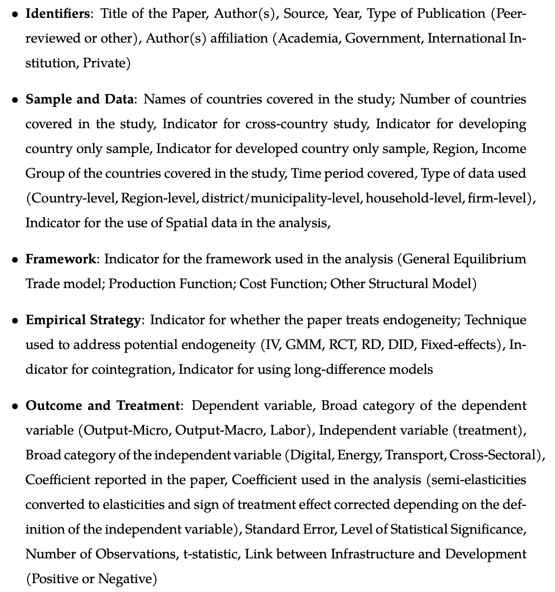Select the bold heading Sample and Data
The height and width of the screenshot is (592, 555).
pos(80,99)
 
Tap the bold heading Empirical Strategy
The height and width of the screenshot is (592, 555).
pos(83,320)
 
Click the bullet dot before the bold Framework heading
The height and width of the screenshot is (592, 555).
pos(15,259)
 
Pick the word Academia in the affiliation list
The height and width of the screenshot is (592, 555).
pos(308,38)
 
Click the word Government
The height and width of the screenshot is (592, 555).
pos(383,38)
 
